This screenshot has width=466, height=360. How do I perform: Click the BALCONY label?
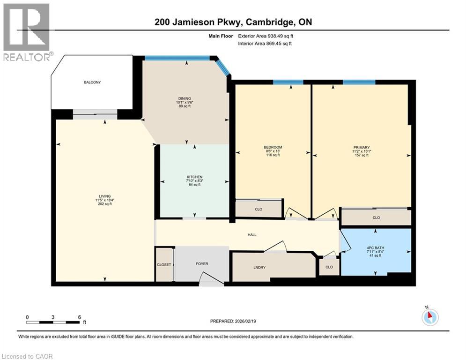[92, 82]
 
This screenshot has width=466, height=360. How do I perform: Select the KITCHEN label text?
[194, 177]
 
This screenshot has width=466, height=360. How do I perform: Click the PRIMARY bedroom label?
[362, 148]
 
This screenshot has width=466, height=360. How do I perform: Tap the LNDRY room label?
[259, 267]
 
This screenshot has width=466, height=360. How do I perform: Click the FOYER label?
[202, 264]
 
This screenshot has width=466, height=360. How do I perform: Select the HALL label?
[252, 235]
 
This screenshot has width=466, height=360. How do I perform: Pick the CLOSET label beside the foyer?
[164, 265]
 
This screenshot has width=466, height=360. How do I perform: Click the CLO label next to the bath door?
[329, 267]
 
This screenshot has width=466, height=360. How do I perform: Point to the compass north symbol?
[429, 317]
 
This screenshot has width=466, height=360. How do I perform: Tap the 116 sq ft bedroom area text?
[273, 155]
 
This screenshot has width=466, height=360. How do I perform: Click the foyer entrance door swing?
[211, 280]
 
